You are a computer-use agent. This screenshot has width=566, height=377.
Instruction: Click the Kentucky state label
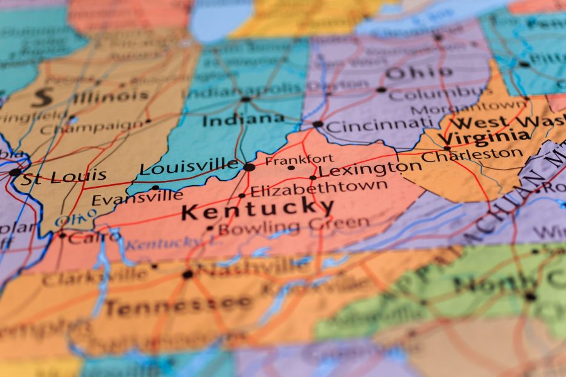point(258,207)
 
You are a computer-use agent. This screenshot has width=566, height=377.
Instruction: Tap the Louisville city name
point(189,167)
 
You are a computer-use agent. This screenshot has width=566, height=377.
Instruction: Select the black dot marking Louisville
point(249,167)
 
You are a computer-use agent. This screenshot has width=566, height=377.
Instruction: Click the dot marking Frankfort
point(291,168)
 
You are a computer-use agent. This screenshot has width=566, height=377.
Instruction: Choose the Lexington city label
point(370,168)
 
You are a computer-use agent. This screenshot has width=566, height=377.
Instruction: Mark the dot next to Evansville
point(155,187)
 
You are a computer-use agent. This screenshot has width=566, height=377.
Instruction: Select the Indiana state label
point(243,119)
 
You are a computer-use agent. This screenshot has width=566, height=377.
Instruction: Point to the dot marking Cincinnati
point(318,124)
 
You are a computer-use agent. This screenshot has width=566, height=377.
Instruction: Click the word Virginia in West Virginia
point(484,136)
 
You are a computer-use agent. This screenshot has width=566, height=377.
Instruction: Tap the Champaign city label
point(92,128)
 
